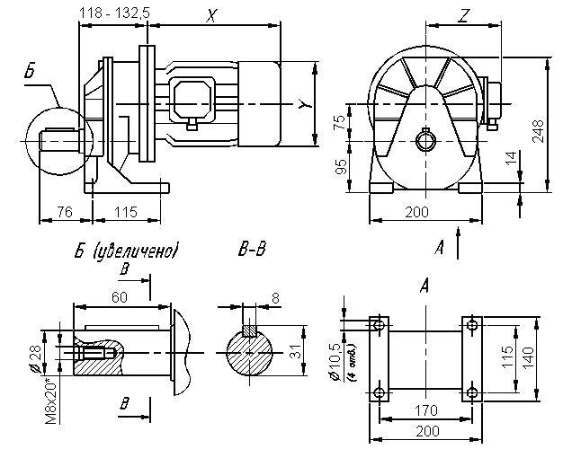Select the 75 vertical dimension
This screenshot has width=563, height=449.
[x=339, y=123]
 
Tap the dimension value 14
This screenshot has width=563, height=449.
[x=510, y=160]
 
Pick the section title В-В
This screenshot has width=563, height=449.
[x=252, y=251]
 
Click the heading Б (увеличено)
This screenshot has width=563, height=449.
[x=126, y=251]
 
